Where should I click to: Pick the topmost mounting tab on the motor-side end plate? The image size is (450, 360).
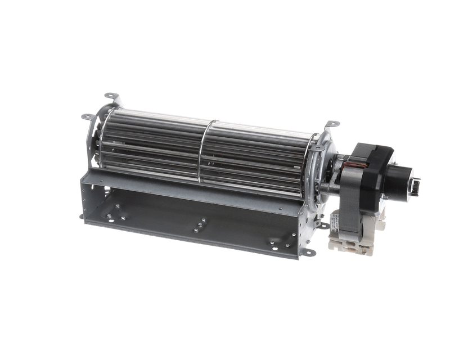(332, 124)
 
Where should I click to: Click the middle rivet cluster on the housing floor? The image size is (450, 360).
(200, 225)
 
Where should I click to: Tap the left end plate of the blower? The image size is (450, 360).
(96, 135)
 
